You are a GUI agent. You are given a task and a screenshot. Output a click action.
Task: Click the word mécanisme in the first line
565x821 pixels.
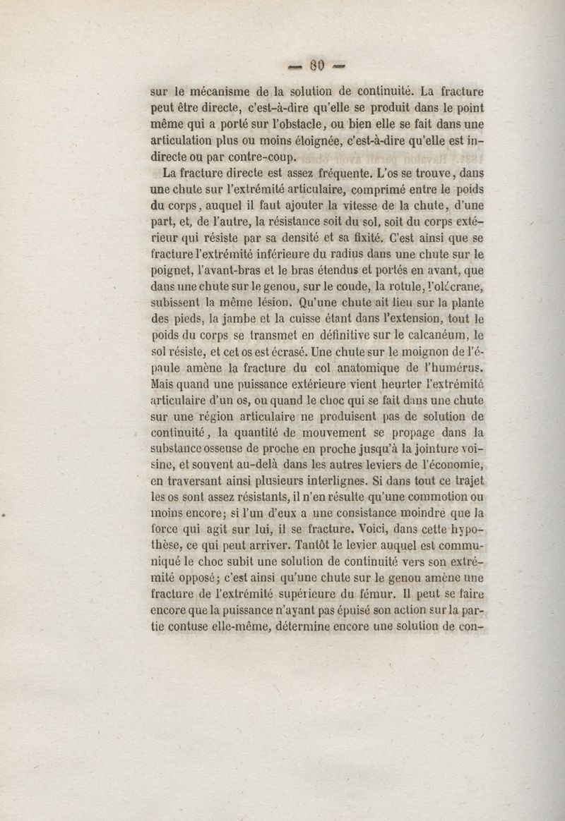(222, 91)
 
